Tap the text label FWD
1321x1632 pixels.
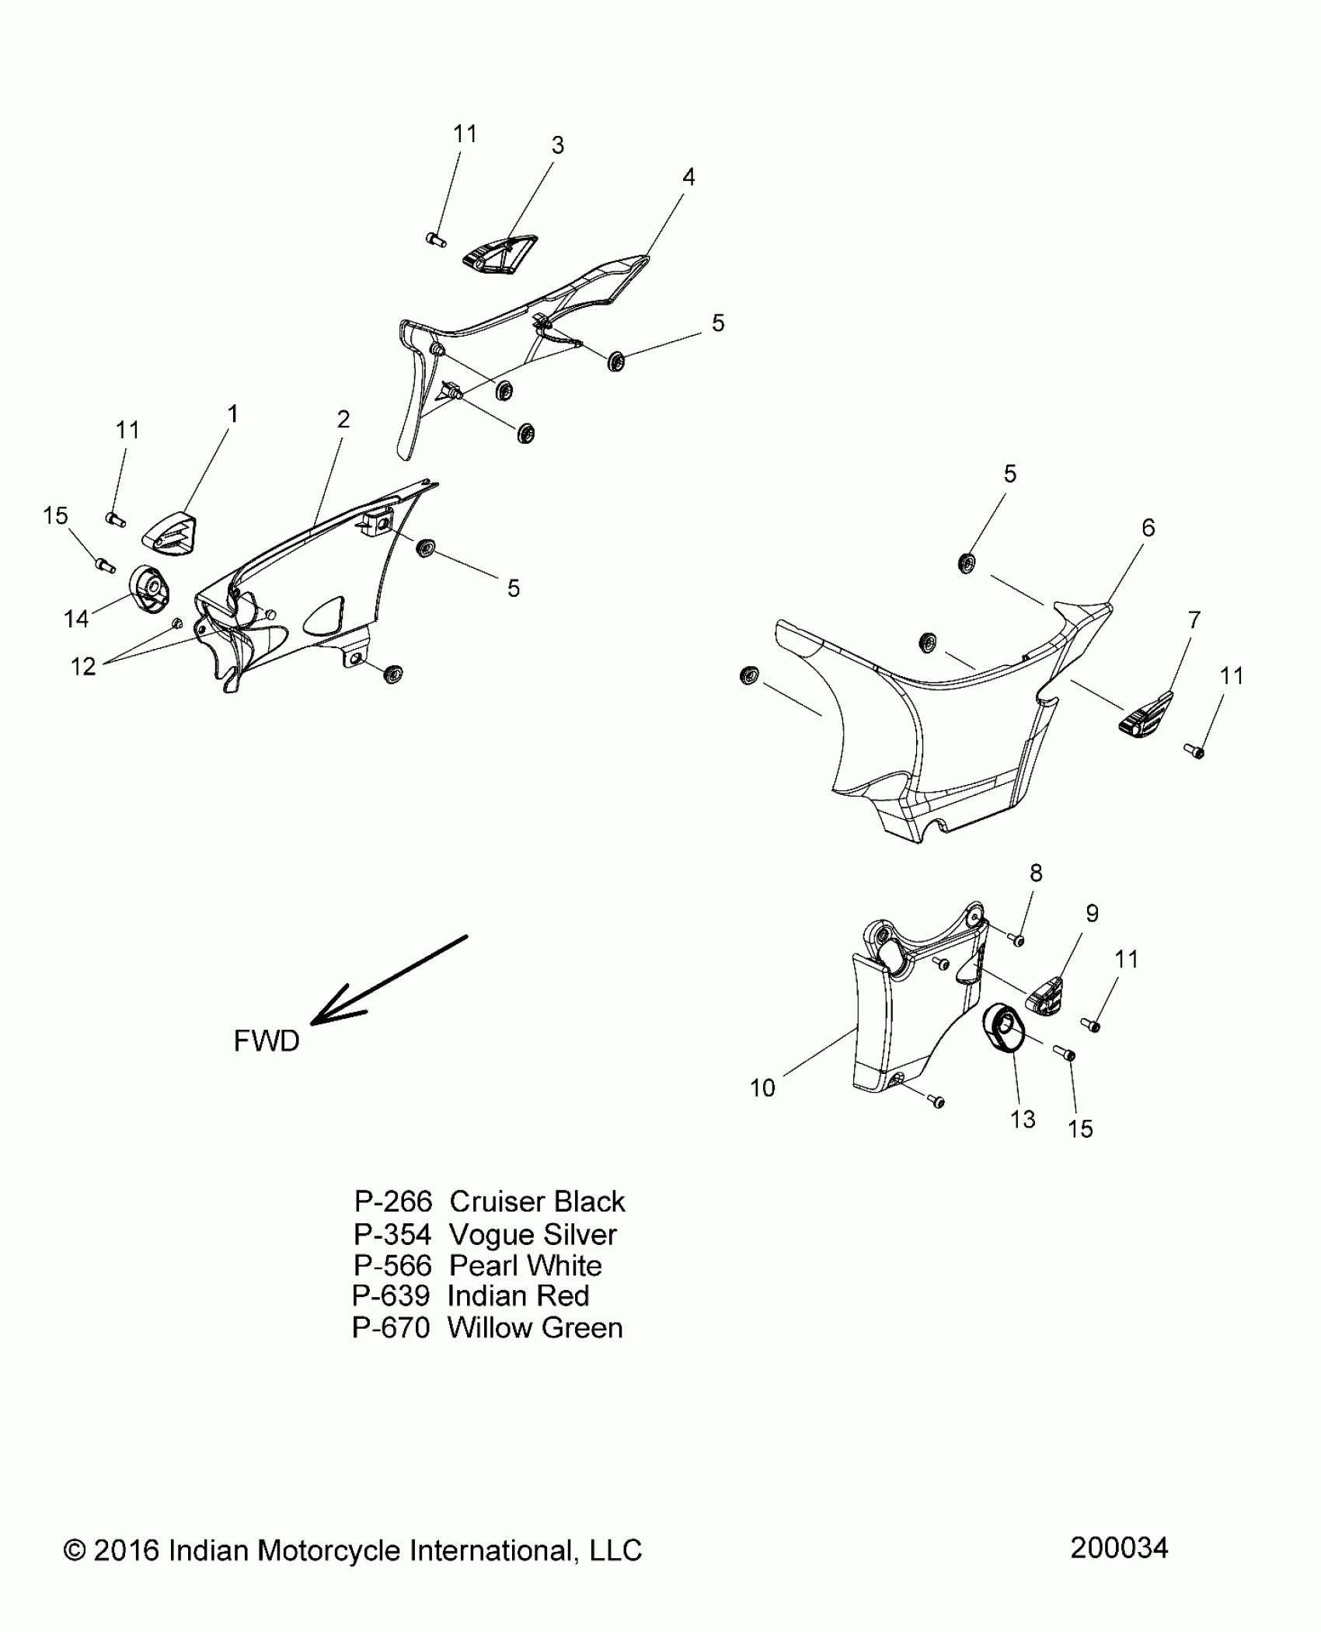(267, 1041)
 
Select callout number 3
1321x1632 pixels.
(557, 145)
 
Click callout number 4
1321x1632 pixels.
(688, 177)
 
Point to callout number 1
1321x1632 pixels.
(232, 414)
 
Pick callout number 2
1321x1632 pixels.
(343, 420)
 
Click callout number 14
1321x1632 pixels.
(76, 619)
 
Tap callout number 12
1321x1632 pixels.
(83, 666)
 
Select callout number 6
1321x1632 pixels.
(1148, 528)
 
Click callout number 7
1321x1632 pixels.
(1194, 620)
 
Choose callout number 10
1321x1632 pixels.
(762, 1088)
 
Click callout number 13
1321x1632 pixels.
(1023, 1119)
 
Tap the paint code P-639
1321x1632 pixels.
(390, 1295)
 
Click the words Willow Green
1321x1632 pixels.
(535, 1328)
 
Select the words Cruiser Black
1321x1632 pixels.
(537, 1201)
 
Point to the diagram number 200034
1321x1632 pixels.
(1119, 1547)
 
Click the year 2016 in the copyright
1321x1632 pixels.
(127, 1550)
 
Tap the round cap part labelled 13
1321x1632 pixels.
(1003, 1030)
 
